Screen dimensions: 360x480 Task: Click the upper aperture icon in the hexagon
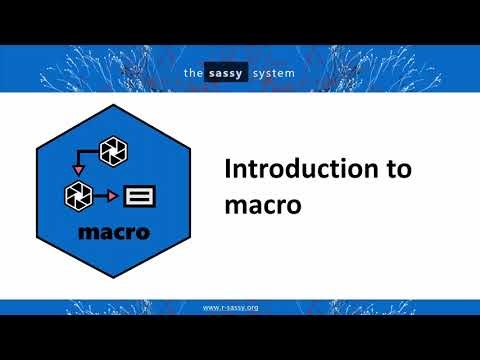pyautogui.click(x=114, y=151)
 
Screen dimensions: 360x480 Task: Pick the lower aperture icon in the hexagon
pyautogui.click(x=79, y=194)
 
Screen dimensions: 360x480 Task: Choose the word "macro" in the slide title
pyautogui.click(x=257, y=204)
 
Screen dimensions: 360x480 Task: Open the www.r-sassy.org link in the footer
pyautogui.click(x=231, y=307)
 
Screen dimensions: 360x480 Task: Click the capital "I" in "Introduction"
pyautogui.click(x=225, y=169)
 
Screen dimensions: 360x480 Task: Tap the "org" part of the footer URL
pyautogui.click(x=251, y=307)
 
